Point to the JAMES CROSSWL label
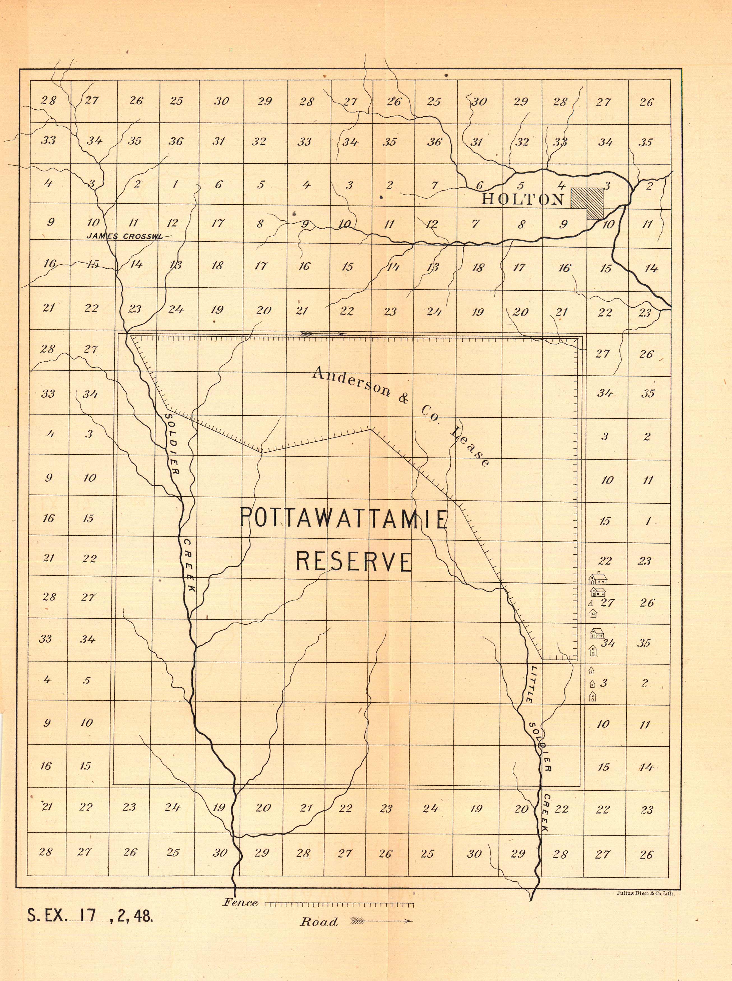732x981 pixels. click(x=124, y=236)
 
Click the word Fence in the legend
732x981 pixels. click(x=241, y=902)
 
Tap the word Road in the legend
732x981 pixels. click(x=319, y=922)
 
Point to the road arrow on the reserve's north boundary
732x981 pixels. click(x=323, y=333)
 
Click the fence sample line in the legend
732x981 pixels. click(x=339, y=903)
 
